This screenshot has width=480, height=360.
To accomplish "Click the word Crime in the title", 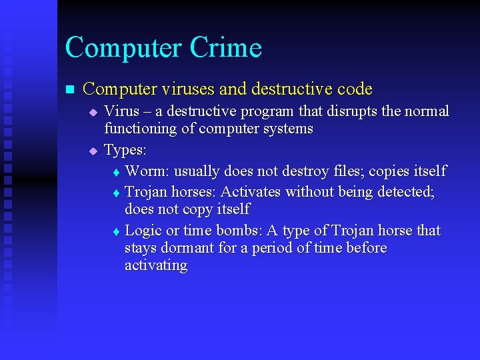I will pos(226,48).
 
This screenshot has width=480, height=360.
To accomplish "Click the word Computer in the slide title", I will pos(123,48).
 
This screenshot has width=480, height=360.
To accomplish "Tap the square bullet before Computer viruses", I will pos(69,89).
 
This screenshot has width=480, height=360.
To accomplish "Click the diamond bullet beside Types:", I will pos(93,151).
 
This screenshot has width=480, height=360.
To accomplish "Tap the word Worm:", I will pos(146,171).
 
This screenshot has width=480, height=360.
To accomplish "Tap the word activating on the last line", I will pos(156,265).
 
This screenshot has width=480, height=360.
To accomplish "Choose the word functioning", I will pos(141,128).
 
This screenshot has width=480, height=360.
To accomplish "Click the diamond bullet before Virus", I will pos(93,112).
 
